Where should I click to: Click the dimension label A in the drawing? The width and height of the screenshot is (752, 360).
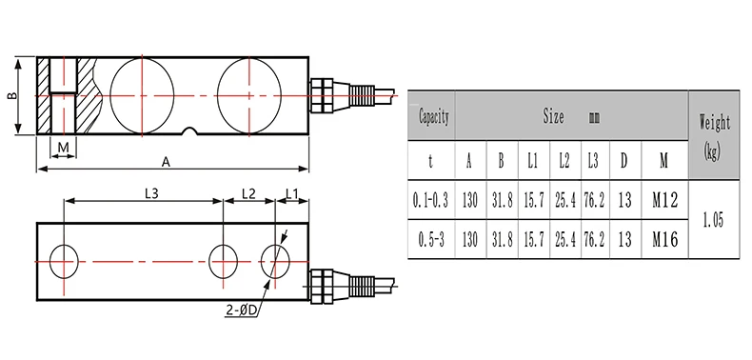(x=166, y=162)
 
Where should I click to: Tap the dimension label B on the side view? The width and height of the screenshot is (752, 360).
(x=12, y=95)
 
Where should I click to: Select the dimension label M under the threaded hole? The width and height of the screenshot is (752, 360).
(x=64, y=148)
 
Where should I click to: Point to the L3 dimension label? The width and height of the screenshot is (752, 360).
(x=151, y=193)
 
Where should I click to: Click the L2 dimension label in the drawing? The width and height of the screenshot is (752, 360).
(x=248, y=193)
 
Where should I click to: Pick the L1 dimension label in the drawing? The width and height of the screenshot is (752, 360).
(x=292, y=193)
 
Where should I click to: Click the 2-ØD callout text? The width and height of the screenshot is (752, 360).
(x=241, y=310)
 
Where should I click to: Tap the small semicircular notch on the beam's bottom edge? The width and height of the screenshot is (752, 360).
(x=190, y=131)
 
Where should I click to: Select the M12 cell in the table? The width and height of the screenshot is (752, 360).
(x=664, y=200)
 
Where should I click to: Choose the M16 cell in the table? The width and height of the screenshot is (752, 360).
(x=664, y=239)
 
